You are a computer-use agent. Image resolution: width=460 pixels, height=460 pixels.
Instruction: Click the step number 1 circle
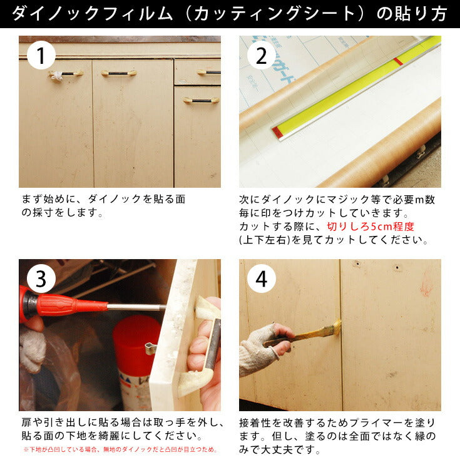coord(41,56)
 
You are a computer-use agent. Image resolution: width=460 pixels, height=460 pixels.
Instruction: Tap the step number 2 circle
coord(261,56)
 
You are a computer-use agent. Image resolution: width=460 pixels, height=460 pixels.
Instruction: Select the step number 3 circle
coord(41,279)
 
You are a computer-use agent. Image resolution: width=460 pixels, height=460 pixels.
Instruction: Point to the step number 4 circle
coord(261,279)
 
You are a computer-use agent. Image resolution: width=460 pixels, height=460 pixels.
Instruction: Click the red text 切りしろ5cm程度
coord(371,227)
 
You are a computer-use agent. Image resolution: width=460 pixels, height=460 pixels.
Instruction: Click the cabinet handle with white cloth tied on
coord(65,74)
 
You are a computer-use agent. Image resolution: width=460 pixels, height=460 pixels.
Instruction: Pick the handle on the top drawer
coord(209,72)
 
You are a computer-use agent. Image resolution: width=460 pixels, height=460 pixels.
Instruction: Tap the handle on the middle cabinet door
coord(119,73)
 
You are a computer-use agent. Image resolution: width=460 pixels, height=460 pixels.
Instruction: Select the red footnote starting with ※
coord(120,450)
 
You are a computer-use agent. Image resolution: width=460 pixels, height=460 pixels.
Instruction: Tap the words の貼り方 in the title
coord(412,14)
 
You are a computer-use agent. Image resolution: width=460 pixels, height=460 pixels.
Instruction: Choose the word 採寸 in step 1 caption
coord(43,212)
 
